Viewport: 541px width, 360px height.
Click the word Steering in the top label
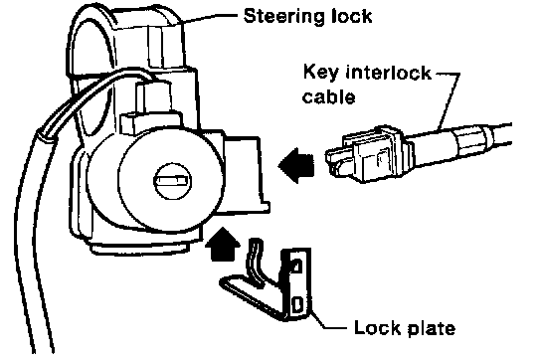tap(283, 16)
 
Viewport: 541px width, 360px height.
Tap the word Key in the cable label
tap(320, 74)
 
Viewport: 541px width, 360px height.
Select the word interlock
tap(389, 73)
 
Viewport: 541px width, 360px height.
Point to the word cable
tap(328, 96)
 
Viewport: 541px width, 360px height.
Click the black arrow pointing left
tap(296, 166)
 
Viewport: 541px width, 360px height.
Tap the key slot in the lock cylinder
tap(172, 181)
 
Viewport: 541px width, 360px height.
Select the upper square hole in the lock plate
tap(297, 266)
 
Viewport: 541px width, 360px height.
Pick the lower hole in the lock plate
tap(297, 304)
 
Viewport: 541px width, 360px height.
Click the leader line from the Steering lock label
tap(211, 18)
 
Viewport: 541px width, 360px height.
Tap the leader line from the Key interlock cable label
tap(450, 99)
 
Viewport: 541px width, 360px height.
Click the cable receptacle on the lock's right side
tap(245, 173)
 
